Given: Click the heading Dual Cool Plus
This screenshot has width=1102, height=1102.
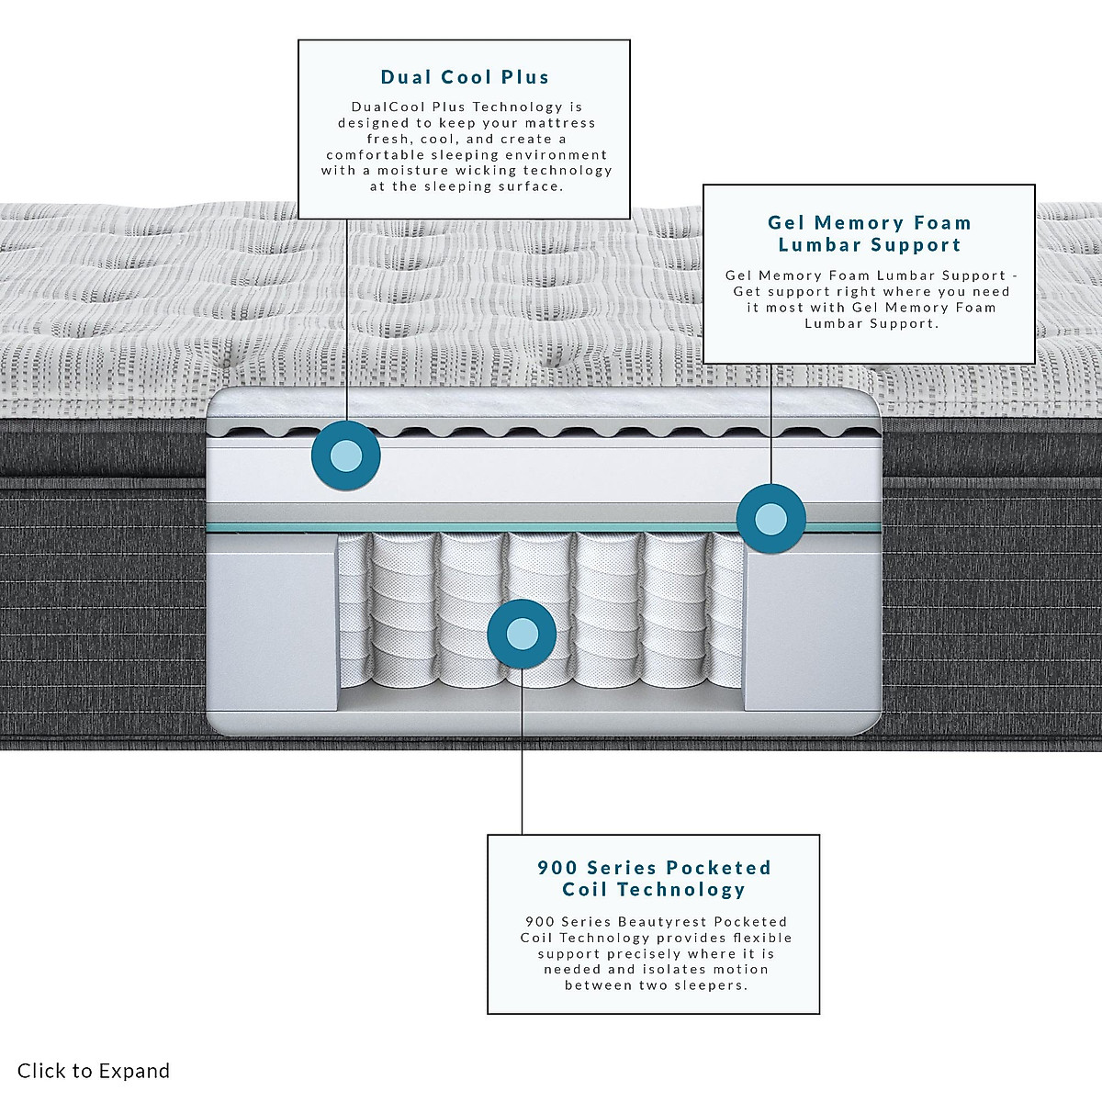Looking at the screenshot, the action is click(465, 77).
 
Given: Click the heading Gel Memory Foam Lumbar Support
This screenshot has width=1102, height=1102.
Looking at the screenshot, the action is click(869, 233).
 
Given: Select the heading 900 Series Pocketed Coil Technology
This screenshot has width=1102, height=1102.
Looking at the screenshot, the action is click(654, 878).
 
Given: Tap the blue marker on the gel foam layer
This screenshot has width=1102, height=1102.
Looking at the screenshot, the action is click(771, 519).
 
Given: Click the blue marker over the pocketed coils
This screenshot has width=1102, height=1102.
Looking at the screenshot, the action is click(522, 633).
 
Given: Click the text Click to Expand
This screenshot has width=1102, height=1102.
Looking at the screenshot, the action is click(94, 1071).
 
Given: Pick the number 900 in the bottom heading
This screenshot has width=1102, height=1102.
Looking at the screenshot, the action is click(557, 867).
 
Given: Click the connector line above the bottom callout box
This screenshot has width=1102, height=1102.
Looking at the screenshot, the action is click(522, 790).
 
